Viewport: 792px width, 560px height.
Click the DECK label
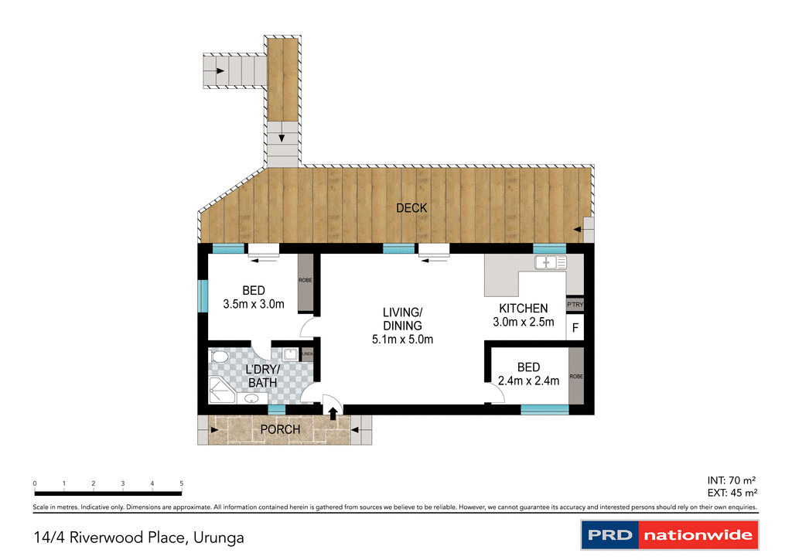point(411,208)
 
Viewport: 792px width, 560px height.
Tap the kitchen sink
point(550,263)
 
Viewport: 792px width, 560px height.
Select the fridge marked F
point(575,328)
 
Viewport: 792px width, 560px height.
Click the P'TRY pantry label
point(575,306)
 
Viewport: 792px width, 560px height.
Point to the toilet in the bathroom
point(218,357)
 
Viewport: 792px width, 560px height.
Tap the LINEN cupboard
point(307,355)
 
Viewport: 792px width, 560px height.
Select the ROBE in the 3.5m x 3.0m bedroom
point(306,280)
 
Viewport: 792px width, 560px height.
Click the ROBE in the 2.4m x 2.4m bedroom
point(576,376)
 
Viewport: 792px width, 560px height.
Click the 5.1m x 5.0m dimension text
point(402,339)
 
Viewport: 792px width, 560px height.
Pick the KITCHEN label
point(523,309)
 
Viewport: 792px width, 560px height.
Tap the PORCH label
point(279,429)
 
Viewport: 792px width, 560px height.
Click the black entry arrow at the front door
point(333,414)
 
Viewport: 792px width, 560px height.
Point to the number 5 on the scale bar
point(182,483)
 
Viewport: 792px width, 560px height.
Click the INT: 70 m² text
point(732,480)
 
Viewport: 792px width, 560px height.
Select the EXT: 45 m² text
point(732,492)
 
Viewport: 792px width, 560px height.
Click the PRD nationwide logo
point(670,534)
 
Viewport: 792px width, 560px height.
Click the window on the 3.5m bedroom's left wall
point(203,295)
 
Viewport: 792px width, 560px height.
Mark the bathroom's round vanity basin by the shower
point(252,399)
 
